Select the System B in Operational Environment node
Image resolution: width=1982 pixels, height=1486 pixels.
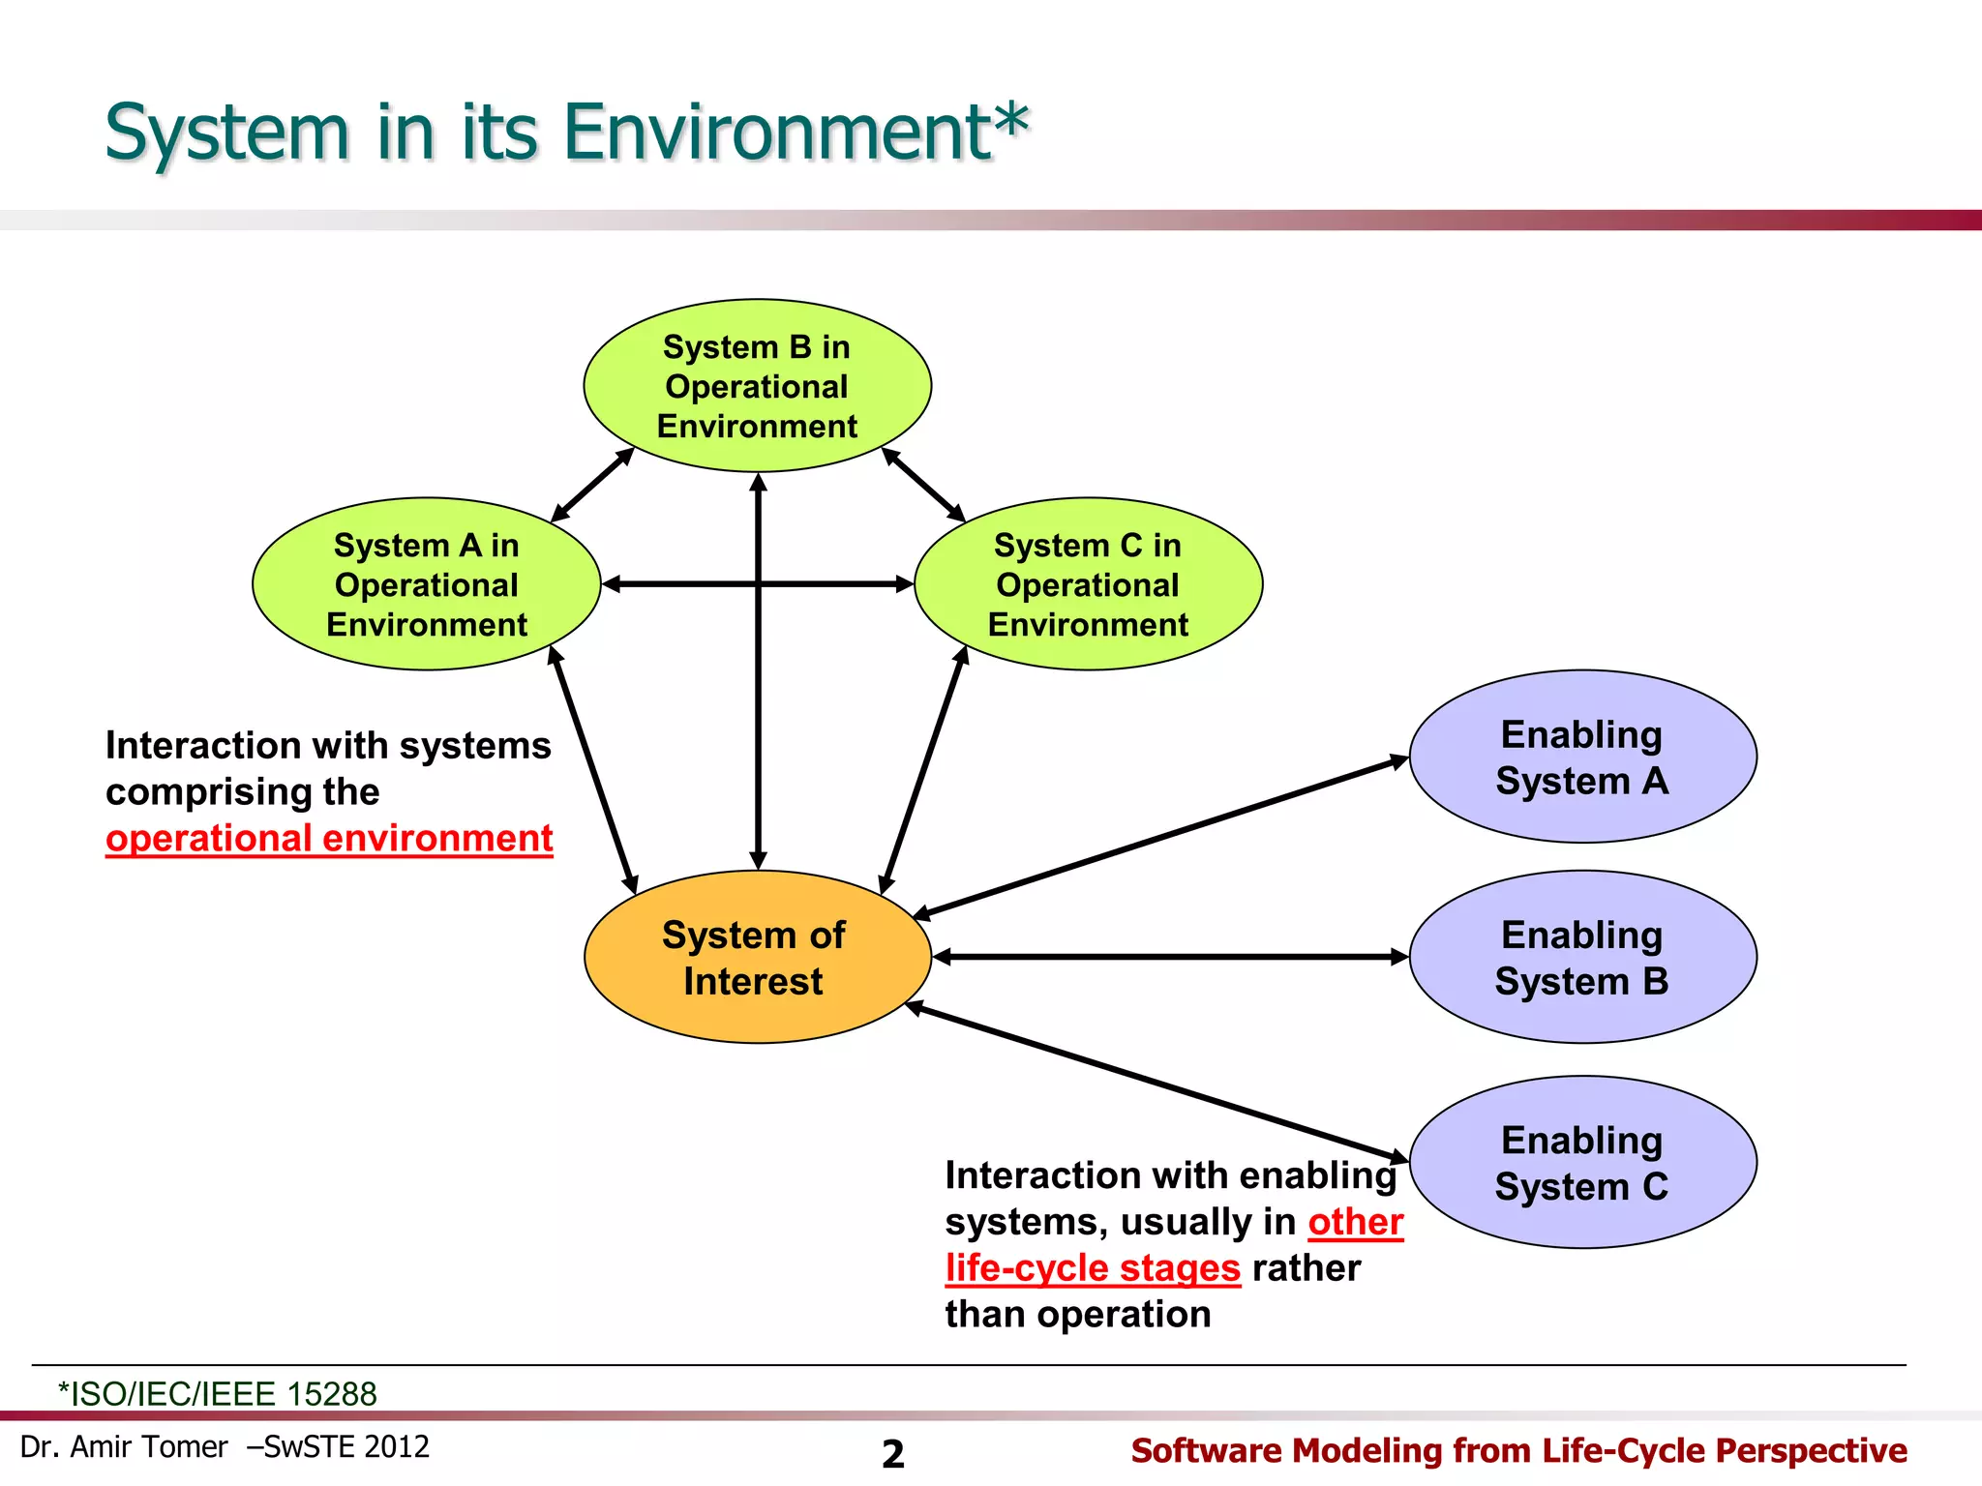(757, 386)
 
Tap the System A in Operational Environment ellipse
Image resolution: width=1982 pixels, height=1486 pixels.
(426, 584)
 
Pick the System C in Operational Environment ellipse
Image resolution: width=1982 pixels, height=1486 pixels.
(1088, 584)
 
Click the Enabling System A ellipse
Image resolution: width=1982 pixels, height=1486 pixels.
(1582, 757)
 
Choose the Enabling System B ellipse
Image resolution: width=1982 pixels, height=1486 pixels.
(1582, 957)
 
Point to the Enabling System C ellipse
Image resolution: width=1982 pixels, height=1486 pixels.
(1582, 1162)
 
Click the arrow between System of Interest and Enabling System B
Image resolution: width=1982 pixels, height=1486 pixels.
(1171, 957)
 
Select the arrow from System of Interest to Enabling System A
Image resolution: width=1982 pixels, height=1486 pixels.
(1161, 837)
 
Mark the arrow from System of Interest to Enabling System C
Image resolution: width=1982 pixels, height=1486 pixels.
(1156, 1083)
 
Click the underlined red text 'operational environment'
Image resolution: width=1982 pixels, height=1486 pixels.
(329, 839)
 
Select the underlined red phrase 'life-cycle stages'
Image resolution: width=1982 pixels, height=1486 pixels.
(1093, 1268)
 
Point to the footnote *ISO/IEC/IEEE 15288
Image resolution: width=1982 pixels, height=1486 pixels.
(218, 1394)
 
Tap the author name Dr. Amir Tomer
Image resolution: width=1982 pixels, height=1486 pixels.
(124, 1447)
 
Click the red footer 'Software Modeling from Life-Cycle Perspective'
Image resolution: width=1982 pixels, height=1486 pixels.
(1518, 1451)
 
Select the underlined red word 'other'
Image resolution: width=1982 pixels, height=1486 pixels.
(1355, 1222)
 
